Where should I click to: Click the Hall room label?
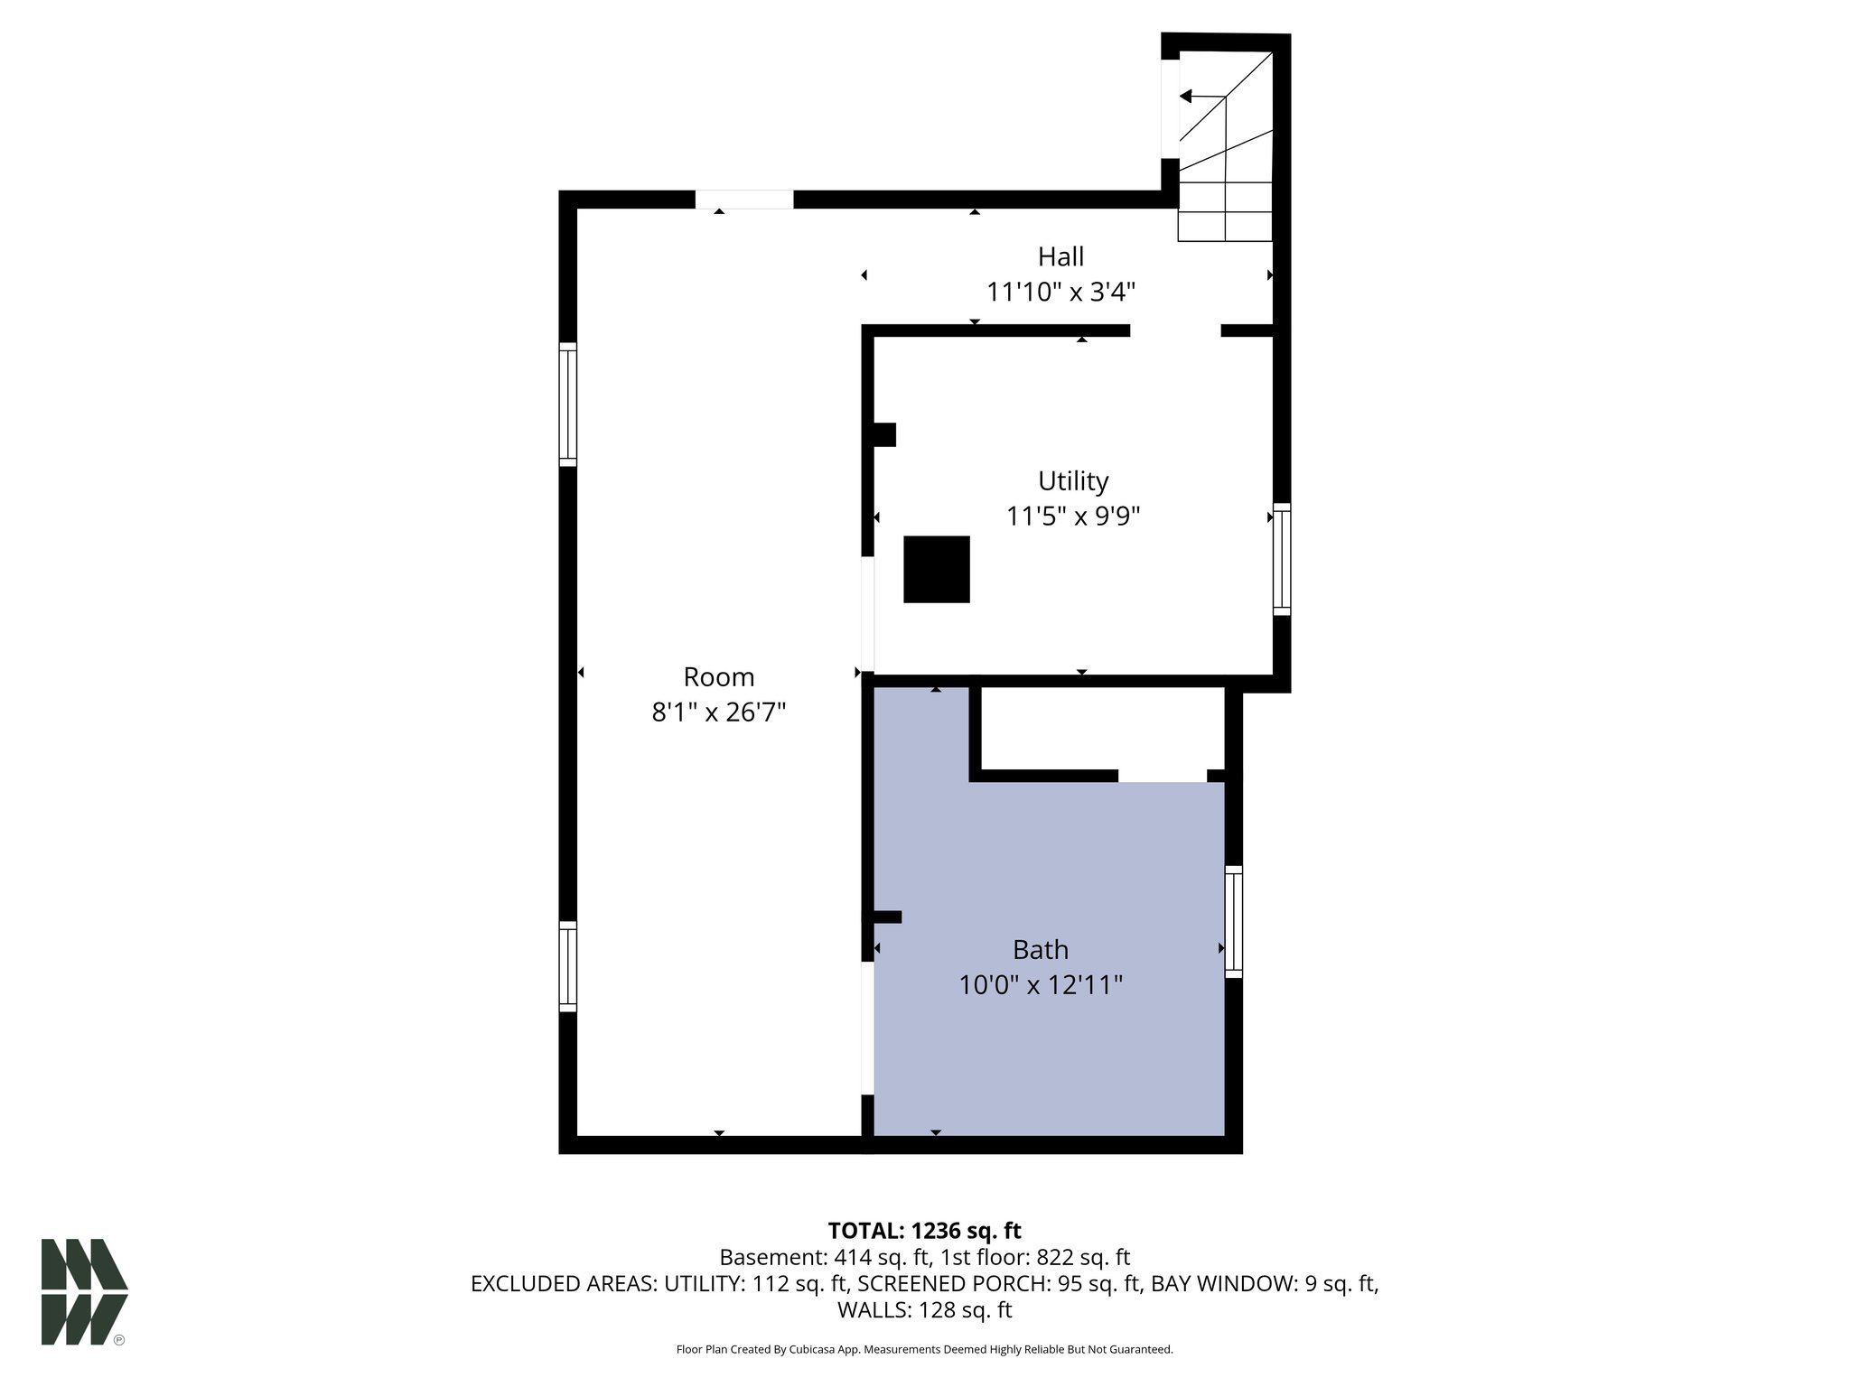point(1060,257)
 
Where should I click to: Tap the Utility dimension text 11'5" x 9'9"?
point(1073,517)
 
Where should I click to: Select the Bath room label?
point(1041,950)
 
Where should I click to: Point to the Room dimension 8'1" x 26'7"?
point(719,713)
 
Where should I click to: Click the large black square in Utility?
point(937,569)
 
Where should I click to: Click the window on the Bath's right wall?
point(1233,921)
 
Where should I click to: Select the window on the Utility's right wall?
point(1282,559)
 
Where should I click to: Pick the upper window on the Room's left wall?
point(567,404)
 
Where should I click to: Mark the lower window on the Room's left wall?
point(567,965)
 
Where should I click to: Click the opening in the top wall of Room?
point(743,200)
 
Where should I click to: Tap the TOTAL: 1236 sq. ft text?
point(924,1231)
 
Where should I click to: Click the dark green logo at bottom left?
point(84,1291)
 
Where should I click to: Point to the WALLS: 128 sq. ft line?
point(924,1310)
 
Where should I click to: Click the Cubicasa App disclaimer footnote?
point(924,1349)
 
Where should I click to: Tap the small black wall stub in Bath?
point(887,917)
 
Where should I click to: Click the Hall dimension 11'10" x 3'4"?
point(1060,293)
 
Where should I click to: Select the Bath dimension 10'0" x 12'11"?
point(1041,985)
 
